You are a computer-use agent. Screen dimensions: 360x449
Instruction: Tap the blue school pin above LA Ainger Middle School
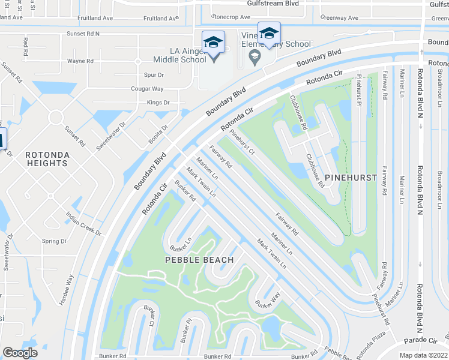[213, 43]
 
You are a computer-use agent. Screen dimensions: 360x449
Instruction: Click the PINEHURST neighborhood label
[351, 177]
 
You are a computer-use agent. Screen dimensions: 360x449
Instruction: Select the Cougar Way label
[147, 88]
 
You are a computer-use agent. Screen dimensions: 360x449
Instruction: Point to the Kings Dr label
[158, 103]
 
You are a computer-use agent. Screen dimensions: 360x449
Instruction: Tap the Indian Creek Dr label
[84, 224]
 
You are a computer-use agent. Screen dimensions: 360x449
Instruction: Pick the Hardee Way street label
[66, 290]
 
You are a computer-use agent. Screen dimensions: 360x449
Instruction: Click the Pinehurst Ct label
[243, 143]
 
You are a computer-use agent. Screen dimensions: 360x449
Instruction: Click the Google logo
[20, 352]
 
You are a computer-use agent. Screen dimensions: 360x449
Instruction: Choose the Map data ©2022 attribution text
[423, 356]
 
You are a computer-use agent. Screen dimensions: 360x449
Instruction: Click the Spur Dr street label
[154, 75]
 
